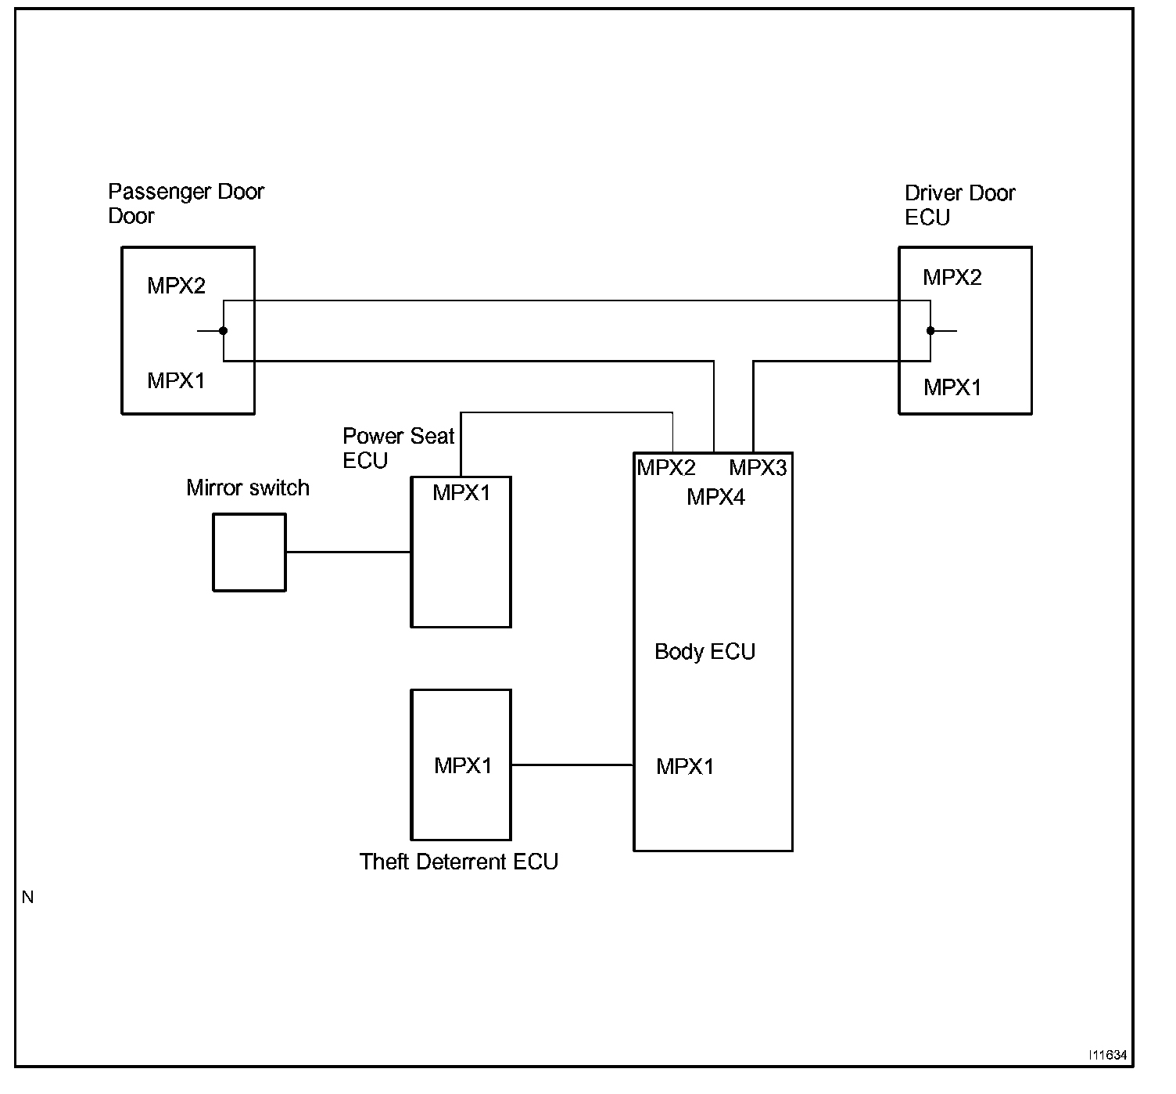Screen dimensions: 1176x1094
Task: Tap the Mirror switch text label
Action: click(248, 488)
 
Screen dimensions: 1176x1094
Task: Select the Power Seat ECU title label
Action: click(398, 448)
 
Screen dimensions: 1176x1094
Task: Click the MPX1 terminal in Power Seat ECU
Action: click(461, 492)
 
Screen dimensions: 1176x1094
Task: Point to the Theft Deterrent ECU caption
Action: click(458, 862)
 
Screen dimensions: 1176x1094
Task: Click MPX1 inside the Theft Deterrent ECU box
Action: click(463, 765)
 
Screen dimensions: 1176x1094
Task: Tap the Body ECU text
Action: click(705, 651)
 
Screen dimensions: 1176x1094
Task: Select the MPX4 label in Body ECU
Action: click(715, 497)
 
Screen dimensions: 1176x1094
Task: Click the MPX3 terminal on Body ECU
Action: click(758, 468)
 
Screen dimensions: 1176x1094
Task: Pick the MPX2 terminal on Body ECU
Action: click(666, 468)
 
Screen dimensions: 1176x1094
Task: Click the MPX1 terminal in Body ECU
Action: click(685, 766)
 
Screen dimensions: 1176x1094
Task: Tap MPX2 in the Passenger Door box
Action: click(176, 286)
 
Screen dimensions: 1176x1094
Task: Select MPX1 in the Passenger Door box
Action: click(176, 380)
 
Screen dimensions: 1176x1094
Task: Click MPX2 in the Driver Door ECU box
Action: click(952, 277)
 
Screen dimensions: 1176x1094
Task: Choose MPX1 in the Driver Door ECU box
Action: click(952, 387)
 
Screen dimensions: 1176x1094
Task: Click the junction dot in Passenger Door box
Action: click(224, 331)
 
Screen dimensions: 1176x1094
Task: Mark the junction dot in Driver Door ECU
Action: click(930, 331)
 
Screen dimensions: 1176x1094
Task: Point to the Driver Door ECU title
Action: click(959, 205)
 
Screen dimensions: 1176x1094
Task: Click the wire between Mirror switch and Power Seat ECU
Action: click(349, 552)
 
